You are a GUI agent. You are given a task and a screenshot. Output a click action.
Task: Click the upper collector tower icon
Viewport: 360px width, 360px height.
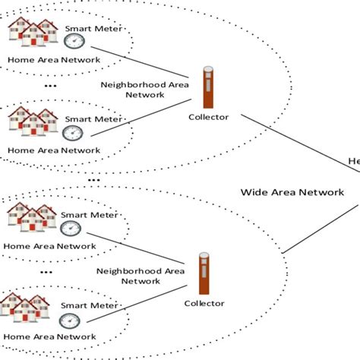pyautogui.click(x=207, y=87)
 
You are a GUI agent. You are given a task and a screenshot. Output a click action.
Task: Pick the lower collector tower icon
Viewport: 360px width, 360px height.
pyautogui.click(x=204, y=273)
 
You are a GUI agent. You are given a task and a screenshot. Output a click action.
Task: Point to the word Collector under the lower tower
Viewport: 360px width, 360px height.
pyautogui.click(x=204, y=303)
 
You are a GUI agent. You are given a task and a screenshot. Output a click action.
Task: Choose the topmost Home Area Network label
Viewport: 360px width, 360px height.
pyautogui.click(x=44, y=59)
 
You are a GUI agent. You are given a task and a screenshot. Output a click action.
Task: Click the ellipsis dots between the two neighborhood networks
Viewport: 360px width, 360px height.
pyautogui.click(x=94, y=179)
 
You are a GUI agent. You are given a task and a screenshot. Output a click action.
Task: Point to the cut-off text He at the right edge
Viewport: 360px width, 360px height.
pyautogui.click(x=353, y=161)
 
